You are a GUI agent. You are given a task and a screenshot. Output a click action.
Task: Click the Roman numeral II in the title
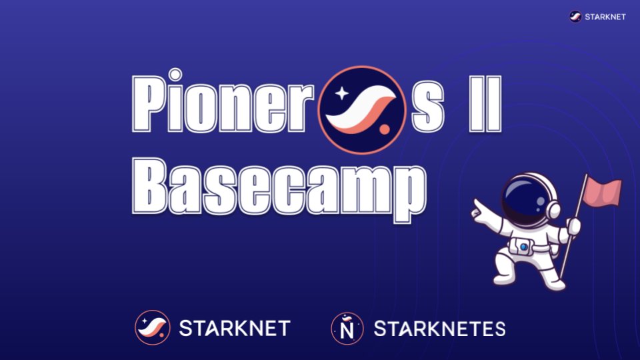[483, 107]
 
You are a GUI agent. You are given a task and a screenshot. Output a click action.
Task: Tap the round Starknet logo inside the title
[363, 107]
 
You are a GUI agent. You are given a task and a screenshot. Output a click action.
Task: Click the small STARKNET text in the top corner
[605, 17]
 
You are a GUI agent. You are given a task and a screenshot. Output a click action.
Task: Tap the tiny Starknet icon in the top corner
[576, 17]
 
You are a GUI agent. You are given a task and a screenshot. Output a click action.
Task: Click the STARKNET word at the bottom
[235, 328]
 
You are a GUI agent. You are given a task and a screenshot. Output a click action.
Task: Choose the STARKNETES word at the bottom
[439, 328]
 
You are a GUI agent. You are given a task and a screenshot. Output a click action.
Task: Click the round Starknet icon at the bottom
[152, 327]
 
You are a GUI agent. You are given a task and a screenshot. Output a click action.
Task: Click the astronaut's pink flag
[602, 193]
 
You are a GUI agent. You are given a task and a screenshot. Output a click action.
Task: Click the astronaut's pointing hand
[478, 207]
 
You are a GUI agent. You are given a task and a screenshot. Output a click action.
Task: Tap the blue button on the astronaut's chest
[524, 247]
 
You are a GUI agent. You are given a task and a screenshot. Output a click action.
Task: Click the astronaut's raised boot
[501, 273]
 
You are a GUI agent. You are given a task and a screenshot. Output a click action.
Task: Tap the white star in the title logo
[342, 94]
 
